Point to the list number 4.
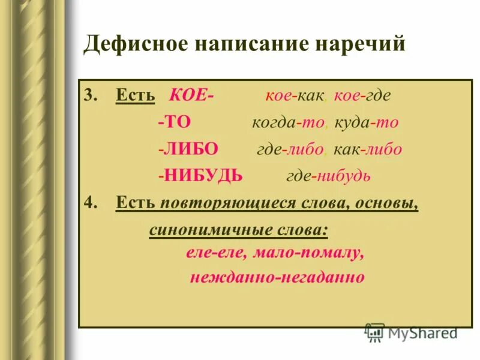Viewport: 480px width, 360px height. click(89, 203)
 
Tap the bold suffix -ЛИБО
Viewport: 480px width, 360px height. click(188, 149)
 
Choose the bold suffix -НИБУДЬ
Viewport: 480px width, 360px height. click(200, 176)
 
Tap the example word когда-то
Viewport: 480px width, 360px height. click(288, 123)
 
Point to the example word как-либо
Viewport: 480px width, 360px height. click(368, 149)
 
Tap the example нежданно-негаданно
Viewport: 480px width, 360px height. click(277, 278)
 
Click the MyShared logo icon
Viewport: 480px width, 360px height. click(375, 332)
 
